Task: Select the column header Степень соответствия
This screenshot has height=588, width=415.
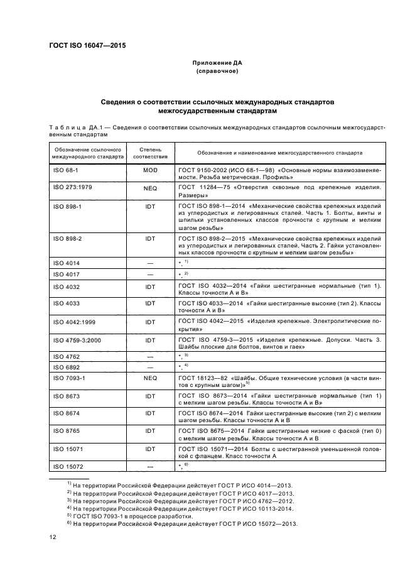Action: pos(149,154)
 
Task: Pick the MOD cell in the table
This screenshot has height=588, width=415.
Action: pos(149,170)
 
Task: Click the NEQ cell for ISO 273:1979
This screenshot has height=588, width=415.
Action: pos(149,187)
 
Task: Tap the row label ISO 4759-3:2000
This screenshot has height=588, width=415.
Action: pos(76,340)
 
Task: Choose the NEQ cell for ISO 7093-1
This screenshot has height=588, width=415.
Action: pos(149,378)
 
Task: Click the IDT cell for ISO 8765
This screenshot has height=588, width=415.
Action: pos(149,431)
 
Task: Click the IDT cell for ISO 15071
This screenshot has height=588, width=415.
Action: pos(149,449)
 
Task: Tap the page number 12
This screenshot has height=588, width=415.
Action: pos(53,536)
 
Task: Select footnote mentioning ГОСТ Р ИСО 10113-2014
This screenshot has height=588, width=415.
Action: pos(182,508)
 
